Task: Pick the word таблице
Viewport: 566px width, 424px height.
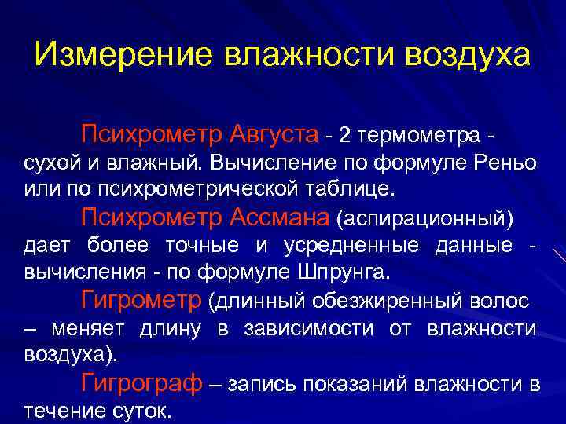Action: pos(354,189)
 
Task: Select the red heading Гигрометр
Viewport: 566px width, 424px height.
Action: pos(141,299)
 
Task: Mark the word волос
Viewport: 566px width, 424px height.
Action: pos(502,301)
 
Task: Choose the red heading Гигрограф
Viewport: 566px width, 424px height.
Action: pos(141,382)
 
